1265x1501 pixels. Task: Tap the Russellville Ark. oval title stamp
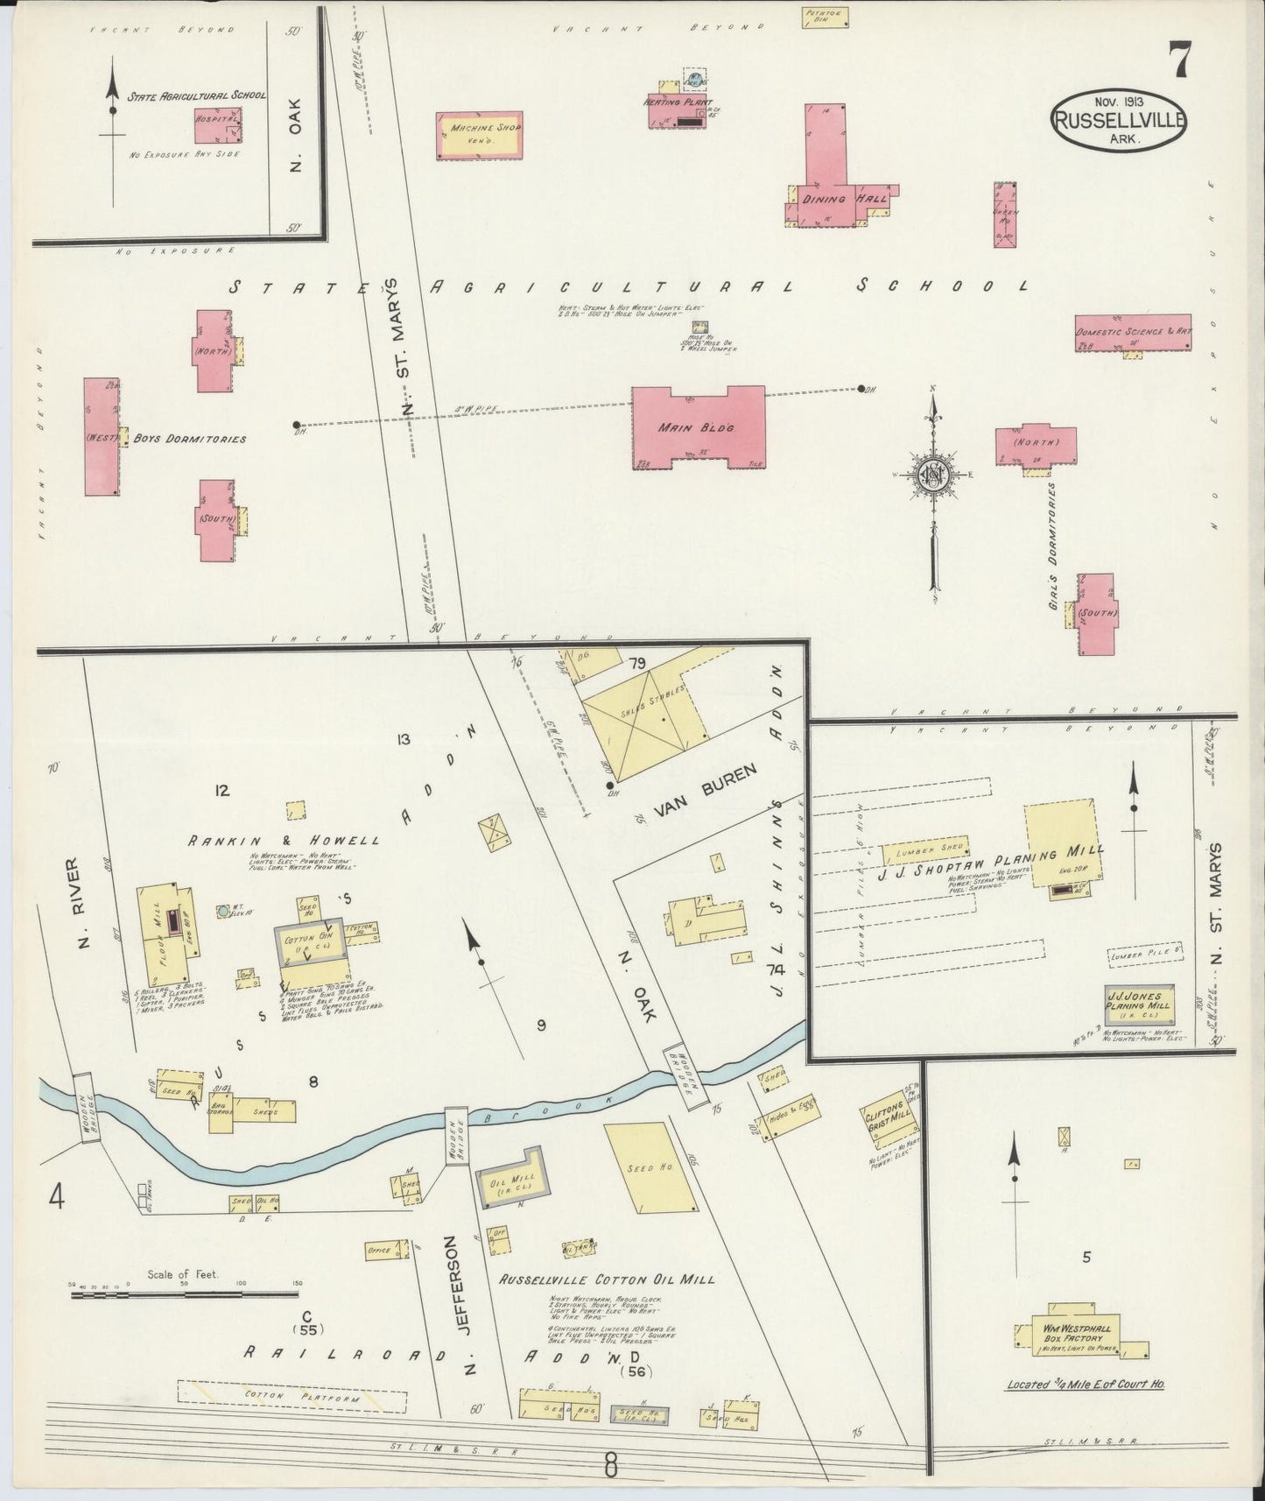(x=1119, y=123)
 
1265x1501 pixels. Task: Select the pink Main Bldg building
(x=699, y=429)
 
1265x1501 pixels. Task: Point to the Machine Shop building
(x=480, y=136)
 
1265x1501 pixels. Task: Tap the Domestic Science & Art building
(x=1133, y=333)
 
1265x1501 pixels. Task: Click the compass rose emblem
(x=931, y=476)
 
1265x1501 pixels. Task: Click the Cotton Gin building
(x=309, y=949)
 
